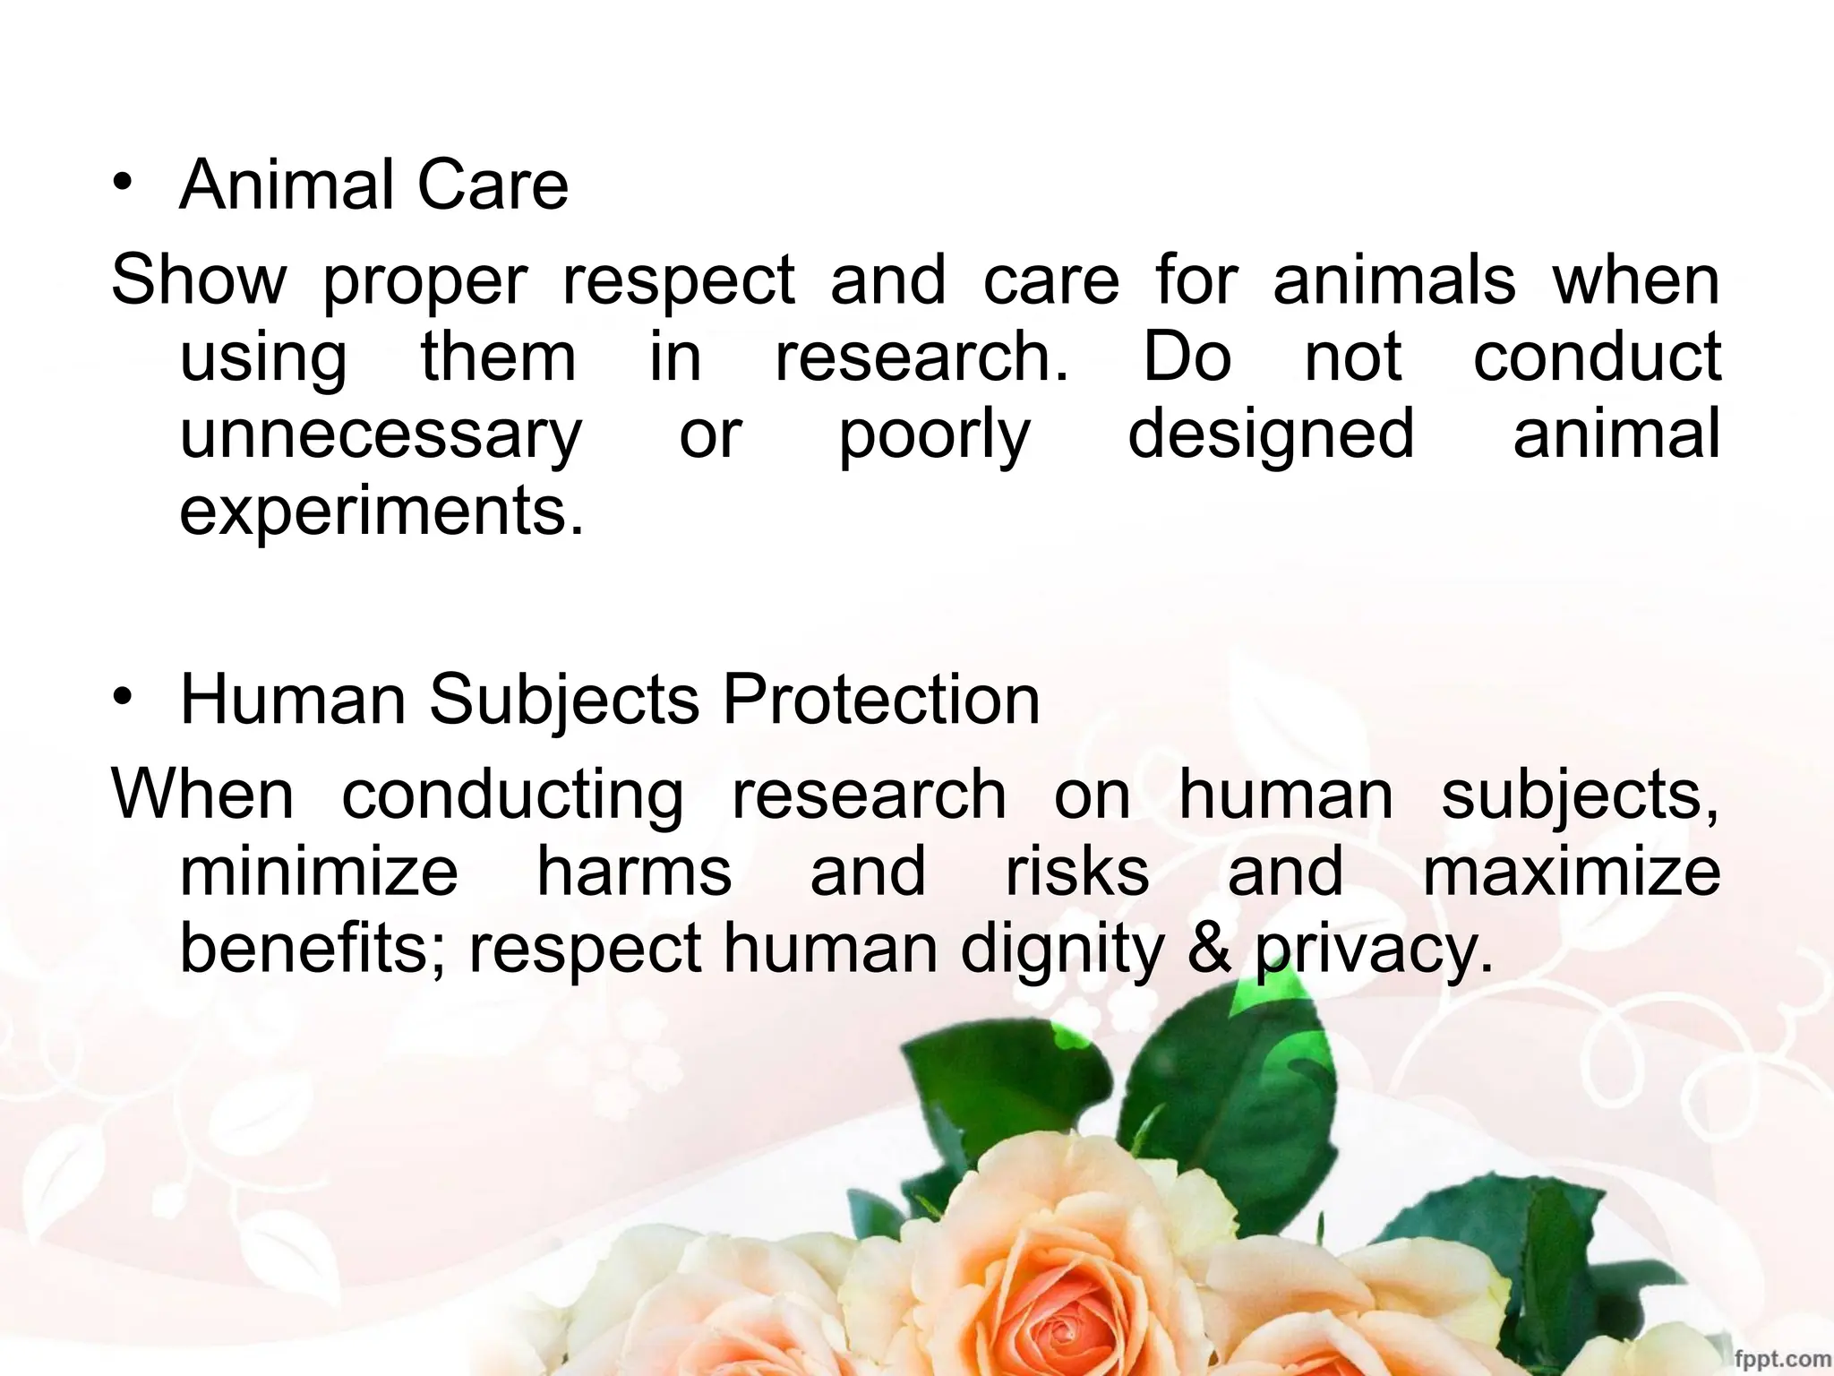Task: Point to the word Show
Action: coord(198,279)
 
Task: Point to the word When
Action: coord(202,795)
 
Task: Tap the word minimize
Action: coord(319,872)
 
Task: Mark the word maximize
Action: coord(1572,872)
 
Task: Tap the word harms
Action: coord(634,872)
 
